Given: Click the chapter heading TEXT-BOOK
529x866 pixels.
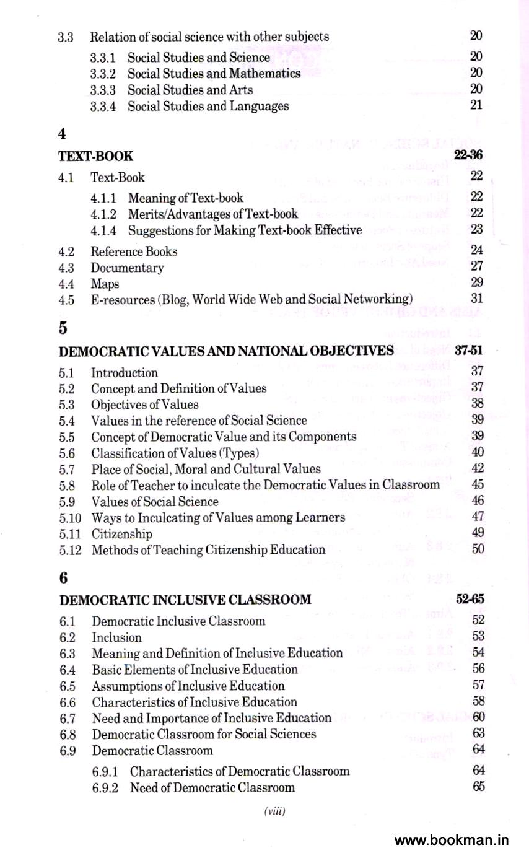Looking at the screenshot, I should coord(95,156).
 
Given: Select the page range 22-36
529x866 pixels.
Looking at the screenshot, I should coord(468,155).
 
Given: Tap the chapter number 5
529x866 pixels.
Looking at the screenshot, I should coord(63,328).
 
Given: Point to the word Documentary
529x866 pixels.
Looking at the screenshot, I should coord(127,268).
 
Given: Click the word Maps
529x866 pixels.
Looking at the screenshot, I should coord(105,284).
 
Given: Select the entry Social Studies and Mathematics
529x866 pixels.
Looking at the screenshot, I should coord(214,73).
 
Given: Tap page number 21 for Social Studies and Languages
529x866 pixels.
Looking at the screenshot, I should coord(476,105).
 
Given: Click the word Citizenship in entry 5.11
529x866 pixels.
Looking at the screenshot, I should coord(121,533).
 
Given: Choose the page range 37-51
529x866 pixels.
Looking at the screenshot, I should coord(468,350).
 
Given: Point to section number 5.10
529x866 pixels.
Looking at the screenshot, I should coord(70,517).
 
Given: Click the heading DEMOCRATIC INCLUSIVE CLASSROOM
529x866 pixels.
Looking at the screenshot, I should coord(185,600).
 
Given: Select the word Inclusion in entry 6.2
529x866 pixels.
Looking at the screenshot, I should coord(116,637).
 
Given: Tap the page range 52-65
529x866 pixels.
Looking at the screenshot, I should coord(470,599).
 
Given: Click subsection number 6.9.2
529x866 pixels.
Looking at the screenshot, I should coord(105,787).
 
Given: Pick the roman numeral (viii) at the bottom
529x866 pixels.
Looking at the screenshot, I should coord(274,811).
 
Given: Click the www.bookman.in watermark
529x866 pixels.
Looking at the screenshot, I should coord(451,841).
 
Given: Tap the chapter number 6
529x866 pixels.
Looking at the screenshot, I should coord(63,577).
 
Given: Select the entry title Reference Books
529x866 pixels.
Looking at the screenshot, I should coord(134,251).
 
